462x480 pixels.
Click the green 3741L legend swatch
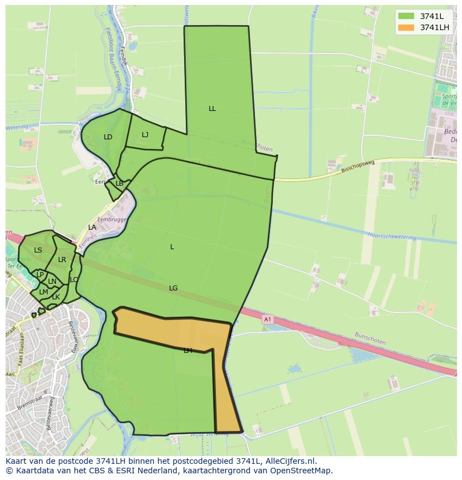(406, 16)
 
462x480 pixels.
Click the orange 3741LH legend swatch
(406, 27)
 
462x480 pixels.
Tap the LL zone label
(212, 109)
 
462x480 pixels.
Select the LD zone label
(108, 137)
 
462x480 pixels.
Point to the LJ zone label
(145, 135)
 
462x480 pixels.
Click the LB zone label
(119, 183)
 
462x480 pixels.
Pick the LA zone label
(92, 227)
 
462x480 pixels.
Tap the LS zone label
(38, 250)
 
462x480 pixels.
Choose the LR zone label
(62, 260)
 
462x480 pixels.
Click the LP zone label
(40, 275)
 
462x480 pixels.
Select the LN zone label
(52, 282)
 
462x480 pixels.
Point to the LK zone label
(56, 297)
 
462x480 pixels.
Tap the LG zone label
(174, 288)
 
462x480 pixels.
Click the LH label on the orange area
(187, 351)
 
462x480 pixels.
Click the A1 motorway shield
(267, 319)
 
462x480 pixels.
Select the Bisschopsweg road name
(357, 167)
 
